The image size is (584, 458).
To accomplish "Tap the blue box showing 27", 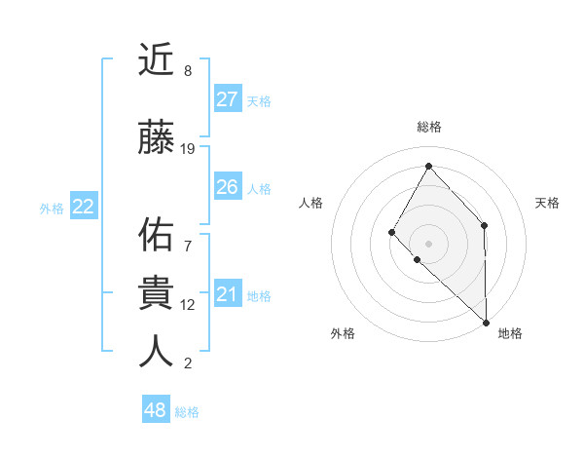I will (227, 99).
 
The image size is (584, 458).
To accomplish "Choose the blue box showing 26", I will (227, 187).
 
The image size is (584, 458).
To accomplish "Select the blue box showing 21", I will (227, 294).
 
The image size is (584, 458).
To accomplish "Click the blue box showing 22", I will (84, 207).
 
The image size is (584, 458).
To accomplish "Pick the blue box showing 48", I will (156, 410).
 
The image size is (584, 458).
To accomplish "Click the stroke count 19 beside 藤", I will (188, 149).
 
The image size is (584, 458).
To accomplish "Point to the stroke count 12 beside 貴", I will (188, 305).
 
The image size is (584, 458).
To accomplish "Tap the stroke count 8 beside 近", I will (188, 71).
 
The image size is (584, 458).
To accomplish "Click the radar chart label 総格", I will (429, 127).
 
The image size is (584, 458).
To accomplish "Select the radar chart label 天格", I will (548, 203).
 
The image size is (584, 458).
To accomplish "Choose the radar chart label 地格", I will (510, 333).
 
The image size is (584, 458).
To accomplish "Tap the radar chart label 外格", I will (343, 333).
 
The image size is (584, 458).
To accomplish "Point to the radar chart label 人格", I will (310, 203).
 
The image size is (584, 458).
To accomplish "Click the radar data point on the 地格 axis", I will (486, 322).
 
